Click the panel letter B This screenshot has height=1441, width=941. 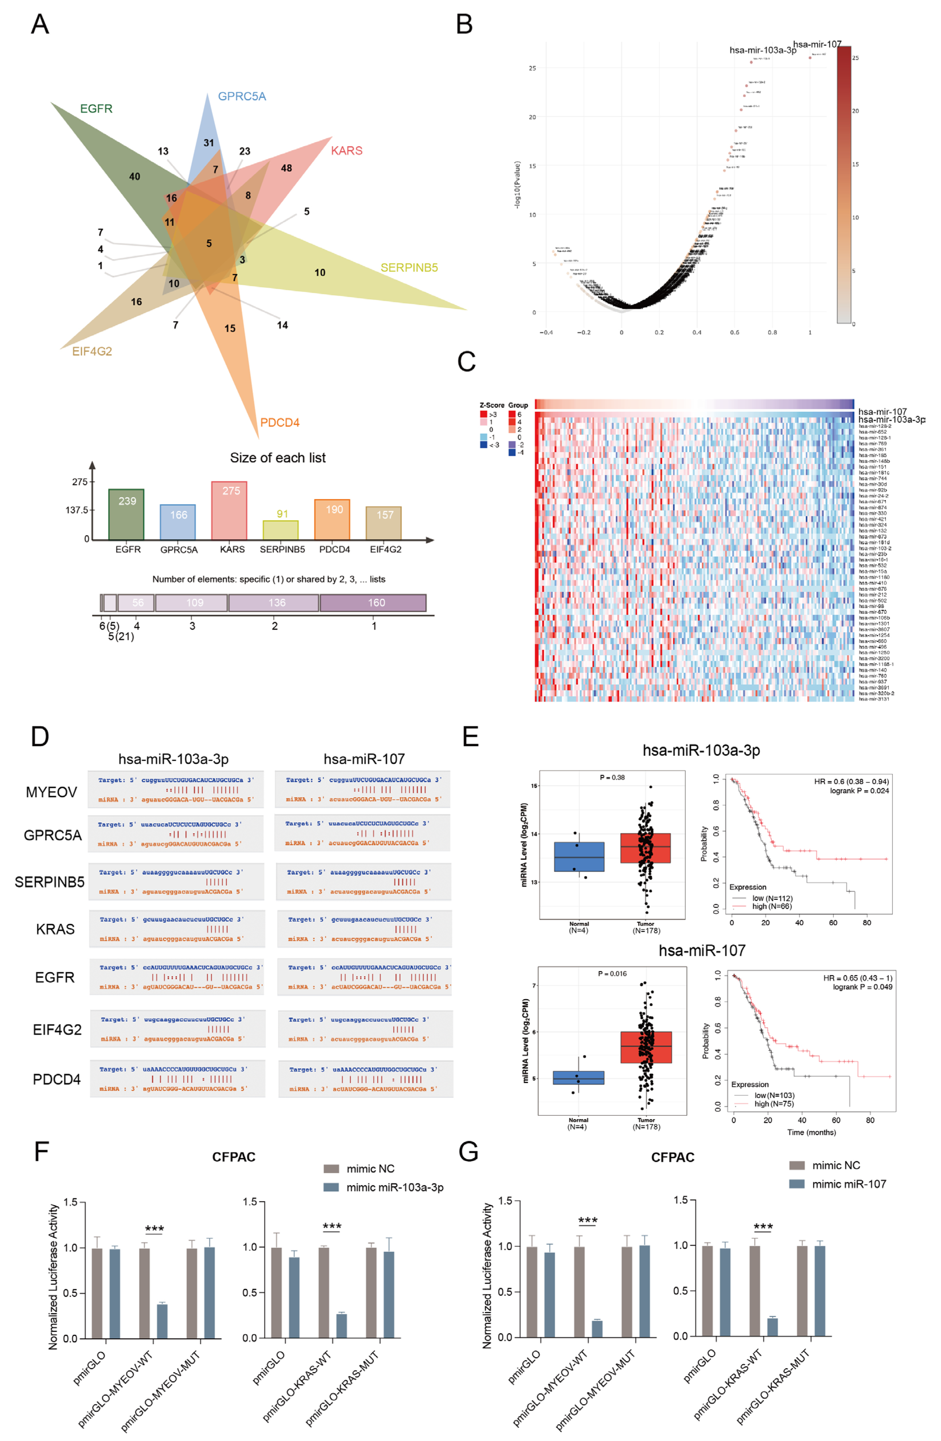point(464,24)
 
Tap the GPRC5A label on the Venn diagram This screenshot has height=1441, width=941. point(241,96)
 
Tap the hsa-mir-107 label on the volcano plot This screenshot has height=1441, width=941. point(817,44)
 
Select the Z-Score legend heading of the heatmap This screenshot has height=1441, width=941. point(491,405)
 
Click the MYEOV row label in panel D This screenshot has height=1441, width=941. point(51,792)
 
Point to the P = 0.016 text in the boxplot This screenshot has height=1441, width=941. point(612,974)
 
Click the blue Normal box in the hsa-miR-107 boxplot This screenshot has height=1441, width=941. point(579,1077)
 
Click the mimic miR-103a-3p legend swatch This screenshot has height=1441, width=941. point(331,1187)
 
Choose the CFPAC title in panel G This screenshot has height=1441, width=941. point(672,1157)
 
